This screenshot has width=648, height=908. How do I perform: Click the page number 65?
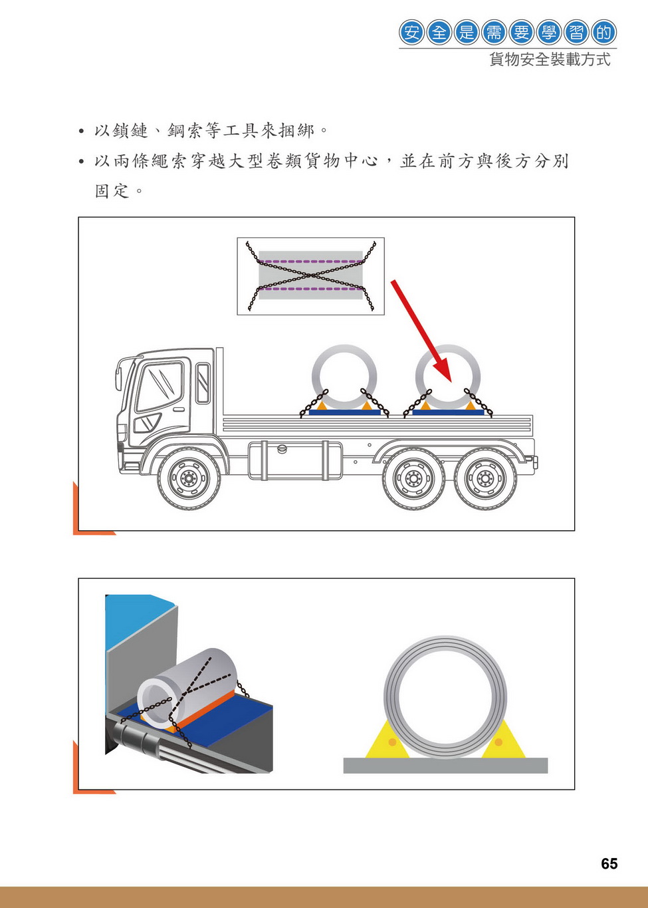(609, 863)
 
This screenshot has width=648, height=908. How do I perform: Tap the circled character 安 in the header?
(411, 32)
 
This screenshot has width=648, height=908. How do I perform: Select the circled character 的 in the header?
(603, 32)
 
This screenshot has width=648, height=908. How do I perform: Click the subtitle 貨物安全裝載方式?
(550, 60)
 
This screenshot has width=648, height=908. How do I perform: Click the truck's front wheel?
(189, 478)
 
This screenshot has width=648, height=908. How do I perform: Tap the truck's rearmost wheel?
(485, 478)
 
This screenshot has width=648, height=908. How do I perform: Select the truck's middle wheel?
(413, 478)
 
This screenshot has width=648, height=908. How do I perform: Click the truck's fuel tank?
(295, 461)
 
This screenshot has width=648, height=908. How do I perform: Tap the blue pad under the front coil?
(345, 412)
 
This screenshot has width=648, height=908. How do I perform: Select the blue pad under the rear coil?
(448, 412)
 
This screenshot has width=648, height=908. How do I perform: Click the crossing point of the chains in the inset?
(311, 275)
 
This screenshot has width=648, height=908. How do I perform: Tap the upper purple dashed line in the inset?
(310, 261)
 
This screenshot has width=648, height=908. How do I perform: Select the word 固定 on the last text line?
(112, 191)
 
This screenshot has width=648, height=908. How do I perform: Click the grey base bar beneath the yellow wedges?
(445, 765)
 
